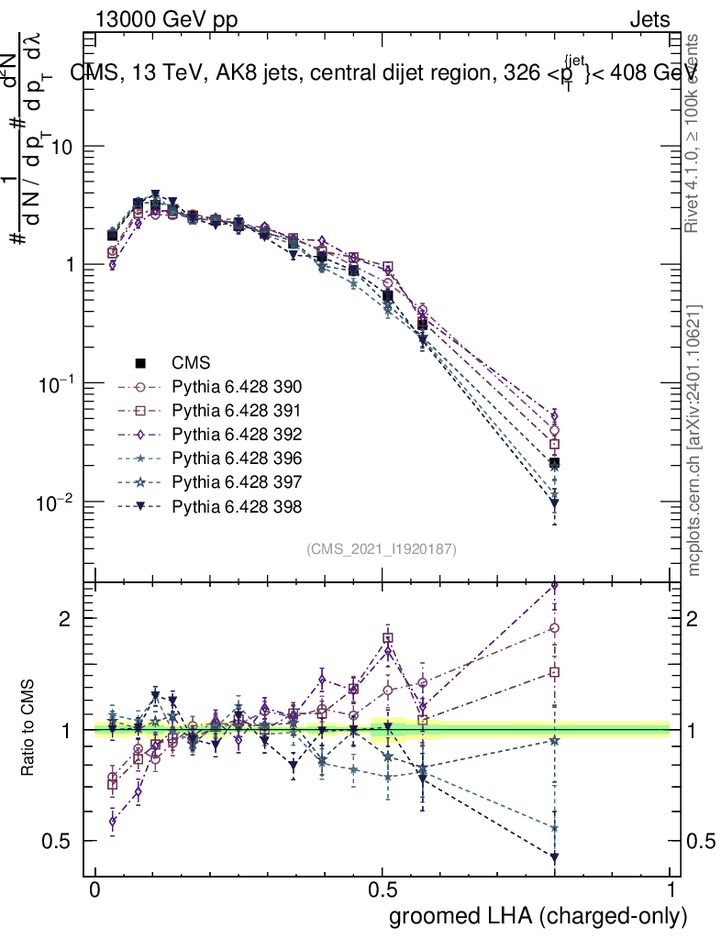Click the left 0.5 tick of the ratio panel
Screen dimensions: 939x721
(62, 841)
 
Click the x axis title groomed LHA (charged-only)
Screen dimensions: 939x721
(539, 916)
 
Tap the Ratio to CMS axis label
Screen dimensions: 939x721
(30, 729)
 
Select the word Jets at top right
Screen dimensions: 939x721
(649, 19)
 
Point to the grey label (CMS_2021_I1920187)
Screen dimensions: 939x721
(382, 548)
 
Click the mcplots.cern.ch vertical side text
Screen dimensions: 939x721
(694, 440)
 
